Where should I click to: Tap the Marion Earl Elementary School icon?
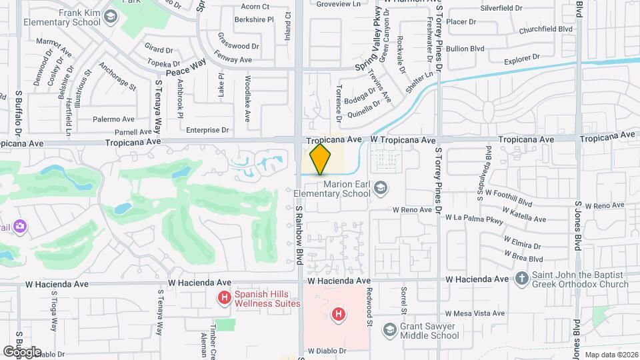click(381, 189)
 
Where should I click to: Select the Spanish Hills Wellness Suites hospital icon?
click(225, 297)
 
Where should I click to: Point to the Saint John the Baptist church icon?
click(522, 279)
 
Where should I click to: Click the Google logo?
click(22, 351)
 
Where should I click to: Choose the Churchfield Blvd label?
click(546, 29)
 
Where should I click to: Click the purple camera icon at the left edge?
click(21, 227)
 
